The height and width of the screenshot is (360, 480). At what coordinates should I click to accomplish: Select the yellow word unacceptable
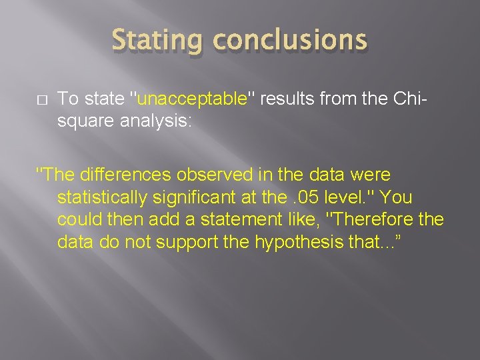[191, 99]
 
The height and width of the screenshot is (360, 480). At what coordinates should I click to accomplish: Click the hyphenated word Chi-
[407, 99]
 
